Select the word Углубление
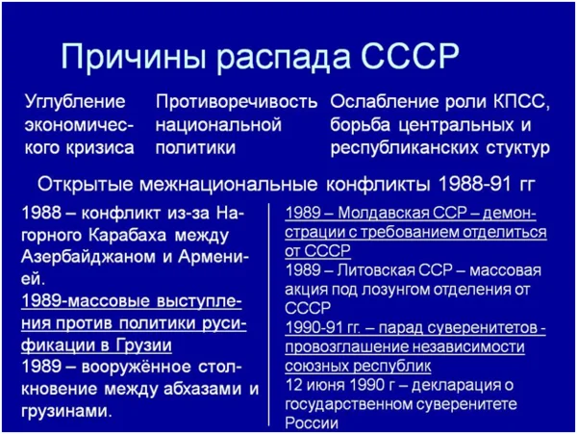[x=75, y=103]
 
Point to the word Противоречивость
[x=237, y=103]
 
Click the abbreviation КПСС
[x=520, y=102]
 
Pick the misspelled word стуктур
[x=518, y=148]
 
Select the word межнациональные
[x=228, y=184]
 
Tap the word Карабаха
[x=127, y=235]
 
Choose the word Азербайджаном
[x=88, y=257]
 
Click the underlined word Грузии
[x=144, y=345]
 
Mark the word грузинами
[x=66, y=411]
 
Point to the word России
[x=312, y=423]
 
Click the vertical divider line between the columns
[x=268, y=315]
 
